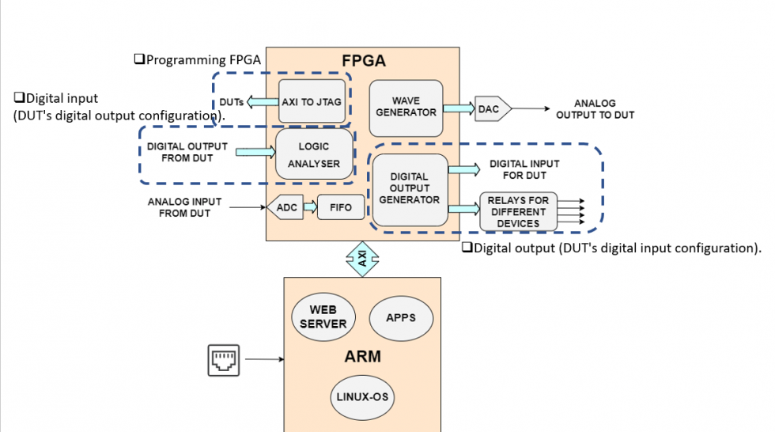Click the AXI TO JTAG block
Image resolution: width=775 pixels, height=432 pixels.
click(x=313, y=101)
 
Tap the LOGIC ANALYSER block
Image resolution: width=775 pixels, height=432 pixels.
click(x=313, y=155)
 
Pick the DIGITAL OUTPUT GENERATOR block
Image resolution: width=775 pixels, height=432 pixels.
click(x=410, y=188)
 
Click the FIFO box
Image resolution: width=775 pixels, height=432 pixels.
click(x=342, y=207)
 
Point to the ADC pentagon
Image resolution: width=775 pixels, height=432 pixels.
click(x=282, y=207)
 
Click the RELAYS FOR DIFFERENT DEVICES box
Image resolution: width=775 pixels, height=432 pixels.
click(x=518, y=212)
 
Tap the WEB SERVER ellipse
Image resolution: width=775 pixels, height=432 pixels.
click(x=324, y=317)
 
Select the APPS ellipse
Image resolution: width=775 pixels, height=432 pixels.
click(x=400, y=317)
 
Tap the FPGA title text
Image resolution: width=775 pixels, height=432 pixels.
click(x=363, y=60)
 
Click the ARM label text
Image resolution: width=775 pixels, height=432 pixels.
click(x=362, y=357)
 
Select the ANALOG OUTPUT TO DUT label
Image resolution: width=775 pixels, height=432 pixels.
click(x=595, y=109)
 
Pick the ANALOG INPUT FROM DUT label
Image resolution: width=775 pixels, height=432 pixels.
click(x=184, y=207)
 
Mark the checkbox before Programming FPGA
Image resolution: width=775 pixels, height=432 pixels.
click(x=138, y=59)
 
